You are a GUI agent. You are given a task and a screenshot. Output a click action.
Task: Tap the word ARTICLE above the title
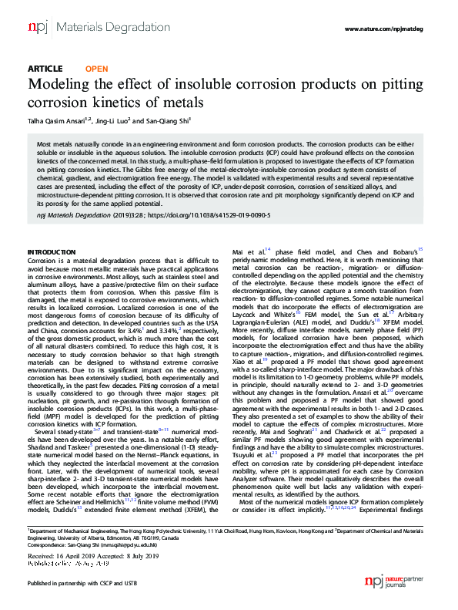(x=45, y=69)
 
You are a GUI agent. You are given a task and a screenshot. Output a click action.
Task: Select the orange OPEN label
(x=96, y=69)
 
